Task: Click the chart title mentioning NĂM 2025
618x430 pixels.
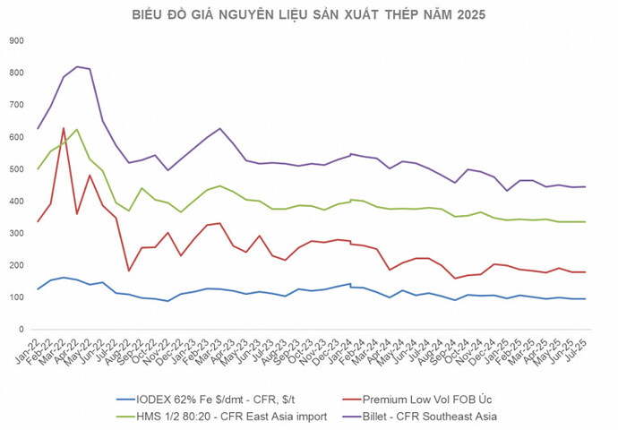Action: click(309, 15)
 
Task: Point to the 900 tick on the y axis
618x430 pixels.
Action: click(15, 40)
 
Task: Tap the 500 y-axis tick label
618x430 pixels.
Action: click(15, 168)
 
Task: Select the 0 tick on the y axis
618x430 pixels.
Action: click(21, 330)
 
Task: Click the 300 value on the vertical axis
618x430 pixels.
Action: click(15, 233)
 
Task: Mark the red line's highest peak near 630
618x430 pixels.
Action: click(64, 128)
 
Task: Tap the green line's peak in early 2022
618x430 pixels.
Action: click(76, 129)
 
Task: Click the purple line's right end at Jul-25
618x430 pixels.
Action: click(586, 186)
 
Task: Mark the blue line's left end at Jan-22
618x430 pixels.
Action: click(38, 289)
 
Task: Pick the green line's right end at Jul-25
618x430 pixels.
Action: click(586, 221)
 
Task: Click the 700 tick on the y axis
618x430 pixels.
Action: click(15, 105)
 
